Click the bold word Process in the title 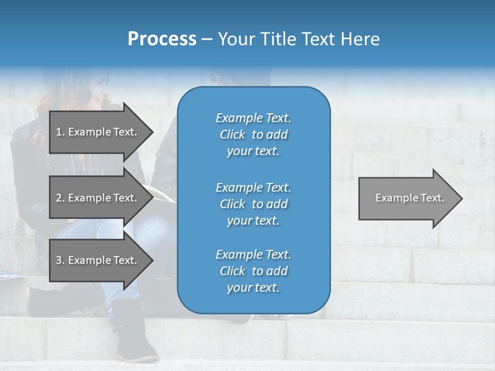tap(162, 39)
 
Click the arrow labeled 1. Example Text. tap(98, 132)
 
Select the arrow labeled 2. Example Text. tap(98, 198)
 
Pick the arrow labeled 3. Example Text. tap(98, 260)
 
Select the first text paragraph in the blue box tap(253, 134)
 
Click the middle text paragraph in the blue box tap(253, 204)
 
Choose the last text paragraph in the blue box tap(253, 271)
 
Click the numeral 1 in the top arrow tap(59, 132)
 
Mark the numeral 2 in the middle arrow tap(59, 198)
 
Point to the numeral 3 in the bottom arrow tap(59, 260)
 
